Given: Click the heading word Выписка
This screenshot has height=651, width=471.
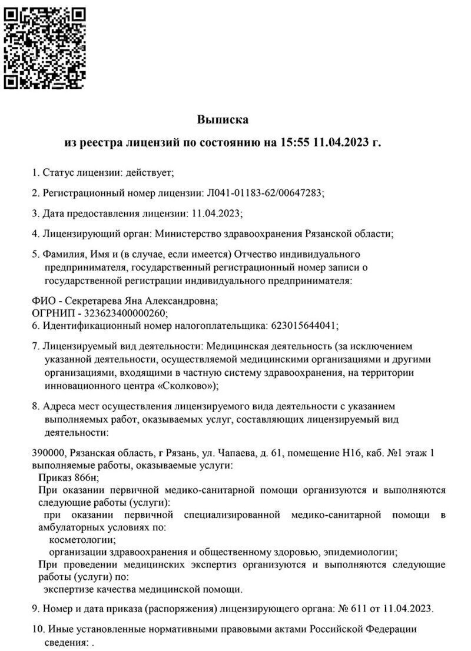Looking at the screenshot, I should point(223,120).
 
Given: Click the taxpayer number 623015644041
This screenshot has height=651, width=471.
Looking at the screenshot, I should point(303,324).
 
